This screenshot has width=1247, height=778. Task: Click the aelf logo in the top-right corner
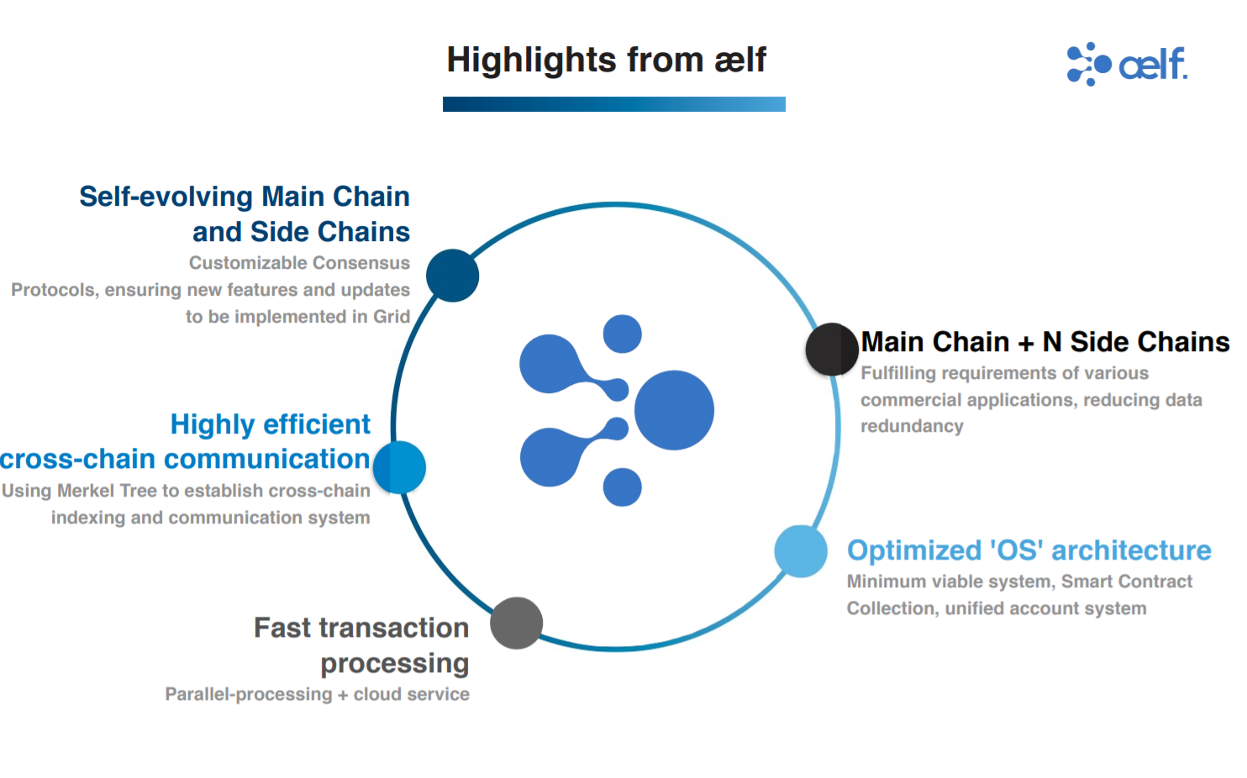(1126, 64)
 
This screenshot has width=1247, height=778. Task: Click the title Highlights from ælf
(606, 60)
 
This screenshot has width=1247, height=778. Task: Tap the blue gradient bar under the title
(613, 104)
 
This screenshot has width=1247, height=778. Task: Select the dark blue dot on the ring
(452, 276)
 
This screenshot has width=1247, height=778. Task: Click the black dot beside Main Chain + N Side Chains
(831, 350)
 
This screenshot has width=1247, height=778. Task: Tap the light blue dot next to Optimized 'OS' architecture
(800, 551)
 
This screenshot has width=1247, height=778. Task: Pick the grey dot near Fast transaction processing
(516, 623)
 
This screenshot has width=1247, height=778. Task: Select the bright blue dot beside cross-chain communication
(400, 467)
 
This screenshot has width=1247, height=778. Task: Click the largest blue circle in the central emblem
(674, 410)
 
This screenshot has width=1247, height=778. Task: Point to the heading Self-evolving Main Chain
(244, 197)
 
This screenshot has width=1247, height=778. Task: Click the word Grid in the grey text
(392, 317)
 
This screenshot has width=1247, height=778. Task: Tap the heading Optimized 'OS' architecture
(1029, 550)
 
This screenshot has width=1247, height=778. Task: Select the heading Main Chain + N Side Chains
(1044, 342)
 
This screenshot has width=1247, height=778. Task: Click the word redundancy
(912, 426)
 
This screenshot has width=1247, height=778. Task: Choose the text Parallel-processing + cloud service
(317, 695)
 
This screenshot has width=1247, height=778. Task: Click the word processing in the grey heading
(394, 664)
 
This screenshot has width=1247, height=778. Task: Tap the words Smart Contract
(1126, 581)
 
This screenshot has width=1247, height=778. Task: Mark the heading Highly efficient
(270, 424)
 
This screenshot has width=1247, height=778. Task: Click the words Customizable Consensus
(299, 263)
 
